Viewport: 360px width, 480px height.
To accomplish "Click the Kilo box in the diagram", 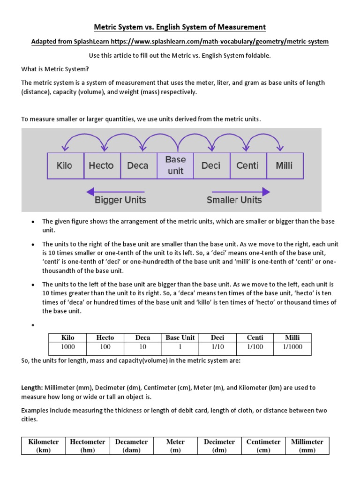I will (x=64, y=165).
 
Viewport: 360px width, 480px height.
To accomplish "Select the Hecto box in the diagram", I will (x=101, y=165).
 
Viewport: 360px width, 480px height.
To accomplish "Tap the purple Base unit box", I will (x=175, y=165).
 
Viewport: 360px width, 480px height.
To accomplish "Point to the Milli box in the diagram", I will (x=285, y=165).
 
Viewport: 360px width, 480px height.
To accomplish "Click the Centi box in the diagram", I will (x=247, y=165).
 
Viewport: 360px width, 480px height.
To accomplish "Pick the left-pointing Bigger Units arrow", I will (x=115, y=191).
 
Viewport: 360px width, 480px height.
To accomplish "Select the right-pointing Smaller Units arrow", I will (x=241, y=191).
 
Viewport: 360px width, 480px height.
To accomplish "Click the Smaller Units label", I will (x=234, y=200).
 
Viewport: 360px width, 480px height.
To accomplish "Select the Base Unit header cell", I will (x=180, y=337).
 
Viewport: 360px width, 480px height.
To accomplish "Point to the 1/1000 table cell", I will (x=292, y=347).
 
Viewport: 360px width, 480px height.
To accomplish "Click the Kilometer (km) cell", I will (x=44, y=446).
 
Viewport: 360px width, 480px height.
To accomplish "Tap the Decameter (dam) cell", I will (x=132, y=446).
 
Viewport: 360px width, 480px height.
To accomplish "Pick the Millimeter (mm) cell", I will (x=307, y=446).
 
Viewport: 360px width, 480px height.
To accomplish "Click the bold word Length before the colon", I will (x=32, y=388).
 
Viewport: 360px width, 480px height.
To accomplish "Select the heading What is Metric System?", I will (x=55, y=69).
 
